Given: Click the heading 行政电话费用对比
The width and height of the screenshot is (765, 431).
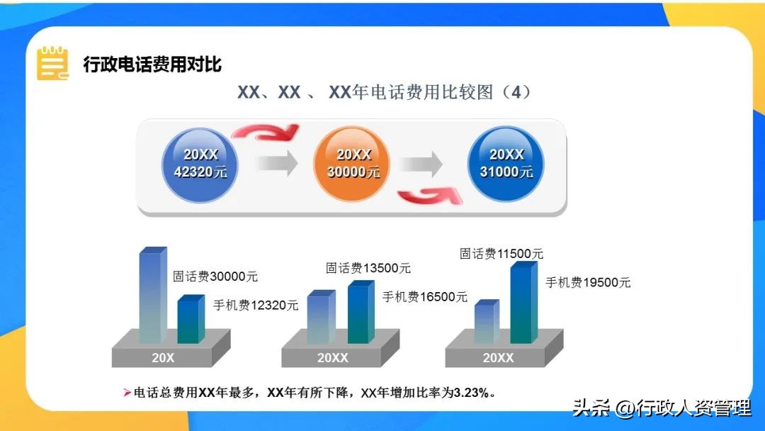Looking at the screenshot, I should (x=152, y=65).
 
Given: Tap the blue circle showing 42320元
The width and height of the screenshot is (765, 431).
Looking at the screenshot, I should (x=200, y=163).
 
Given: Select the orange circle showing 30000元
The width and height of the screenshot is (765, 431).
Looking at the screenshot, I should (x=353, y=163).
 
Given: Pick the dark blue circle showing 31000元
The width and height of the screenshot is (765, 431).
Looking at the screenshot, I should (x=506, y=163).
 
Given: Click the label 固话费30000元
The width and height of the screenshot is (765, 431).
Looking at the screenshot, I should (x=215, y=276).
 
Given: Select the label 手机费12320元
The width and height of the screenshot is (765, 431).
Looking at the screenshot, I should (x=256, y=306).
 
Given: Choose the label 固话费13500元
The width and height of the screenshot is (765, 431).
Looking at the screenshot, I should (x=368, y=268).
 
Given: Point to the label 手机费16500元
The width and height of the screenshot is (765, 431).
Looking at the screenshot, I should (x=425, y=297).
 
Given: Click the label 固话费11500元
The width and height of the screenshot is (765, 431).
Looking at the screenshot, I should (x=501, y=253).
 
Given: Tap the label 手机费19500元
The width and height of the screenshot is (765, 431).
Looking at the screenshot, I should (x=588, y=282).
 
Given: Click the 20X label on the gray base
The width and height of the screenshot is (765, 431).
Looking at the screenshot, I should (x=163, y=358).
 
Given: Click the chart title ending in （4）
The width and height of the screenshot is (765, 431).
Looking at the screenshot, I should (x=383, y=92).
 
